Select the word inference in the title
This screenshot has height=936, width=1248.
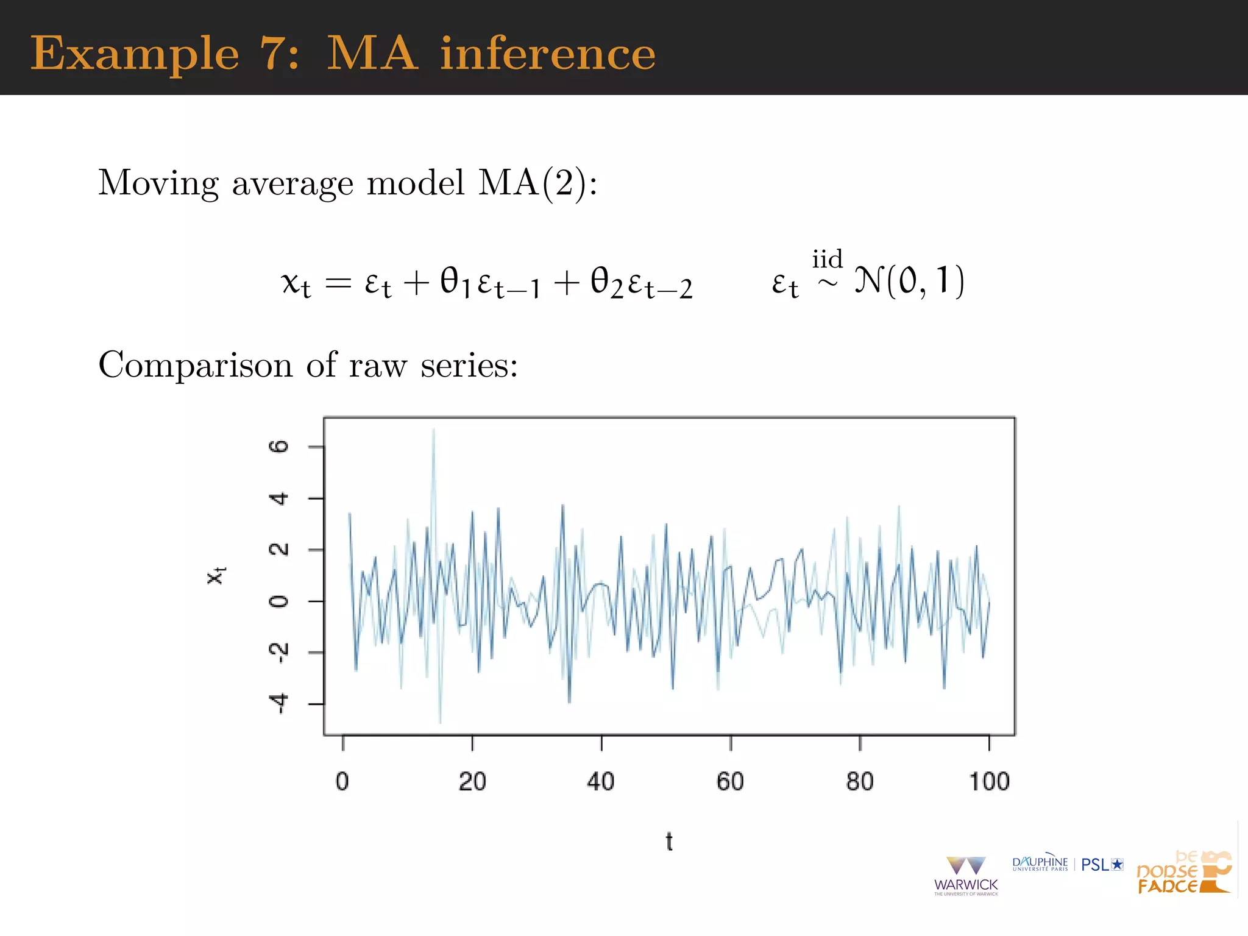[x=548, y=54]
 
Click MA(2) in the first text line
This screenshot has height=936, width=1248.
[x=534, y=183]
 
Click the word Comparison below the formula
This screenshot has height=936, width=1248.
[x=196, y=366]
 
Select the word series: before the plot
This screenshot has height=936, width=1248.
[x=469, y=366]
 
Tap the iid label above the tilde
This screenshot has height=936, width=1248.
[x=827, y=259]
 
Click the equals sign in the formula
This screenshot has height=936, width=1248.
[x=339, y=283]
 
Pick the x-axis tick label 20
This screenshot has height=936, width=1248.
[x=472, y=781]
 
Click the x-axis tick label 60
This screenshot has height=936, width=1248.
[x=730, y=781]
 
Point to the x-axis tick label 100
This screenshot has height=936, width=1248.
[x=989, y=781]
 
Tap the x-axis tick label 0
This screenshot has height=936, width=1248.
[x=342, y=781]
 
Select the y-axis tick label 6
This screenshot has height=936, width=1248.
[x=278, y=447]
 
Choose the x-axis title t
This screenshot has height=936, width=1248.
[x=669, y=842]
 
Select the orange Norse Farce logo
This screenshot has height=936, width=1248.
[x=1183, y=873]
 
